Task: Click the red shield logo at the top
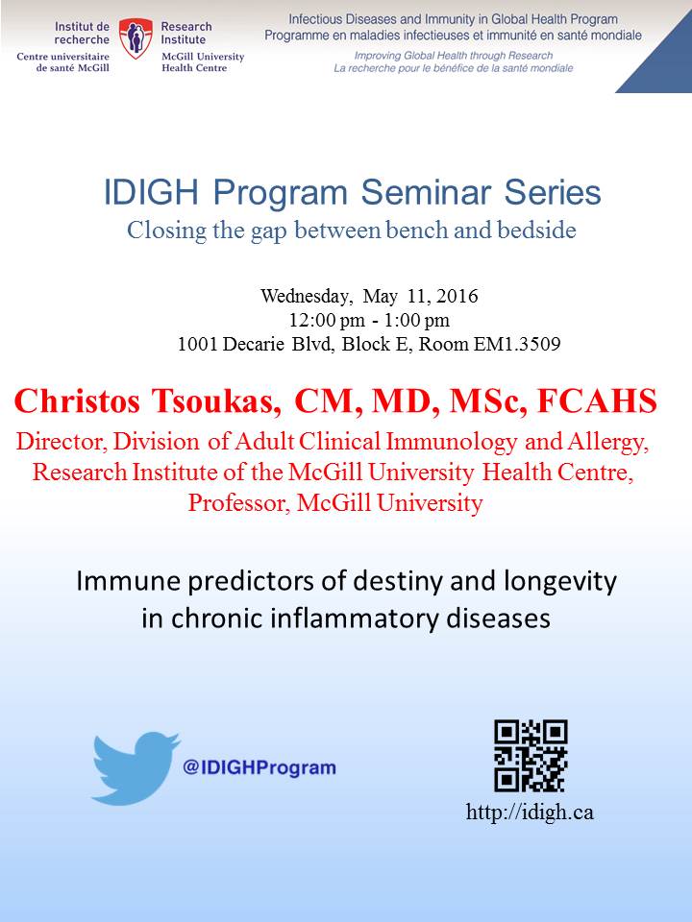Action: (136, 38)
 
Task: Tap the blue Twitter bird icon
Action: (136, 768)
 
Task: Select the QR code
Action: (531, 756)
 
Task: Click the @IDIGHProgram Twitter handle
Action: (259, 767)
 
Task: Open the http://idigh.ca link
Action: (530, 813)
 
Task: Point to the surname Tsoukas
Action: (216, 401)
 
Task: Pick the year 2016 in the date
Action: (457, 295)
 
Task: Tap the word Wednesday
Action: (307, 296)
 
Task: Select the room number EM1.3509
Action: (517, 344)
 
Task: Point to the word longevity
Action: (560, 582)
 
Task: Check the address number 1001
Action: (198, 344)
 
